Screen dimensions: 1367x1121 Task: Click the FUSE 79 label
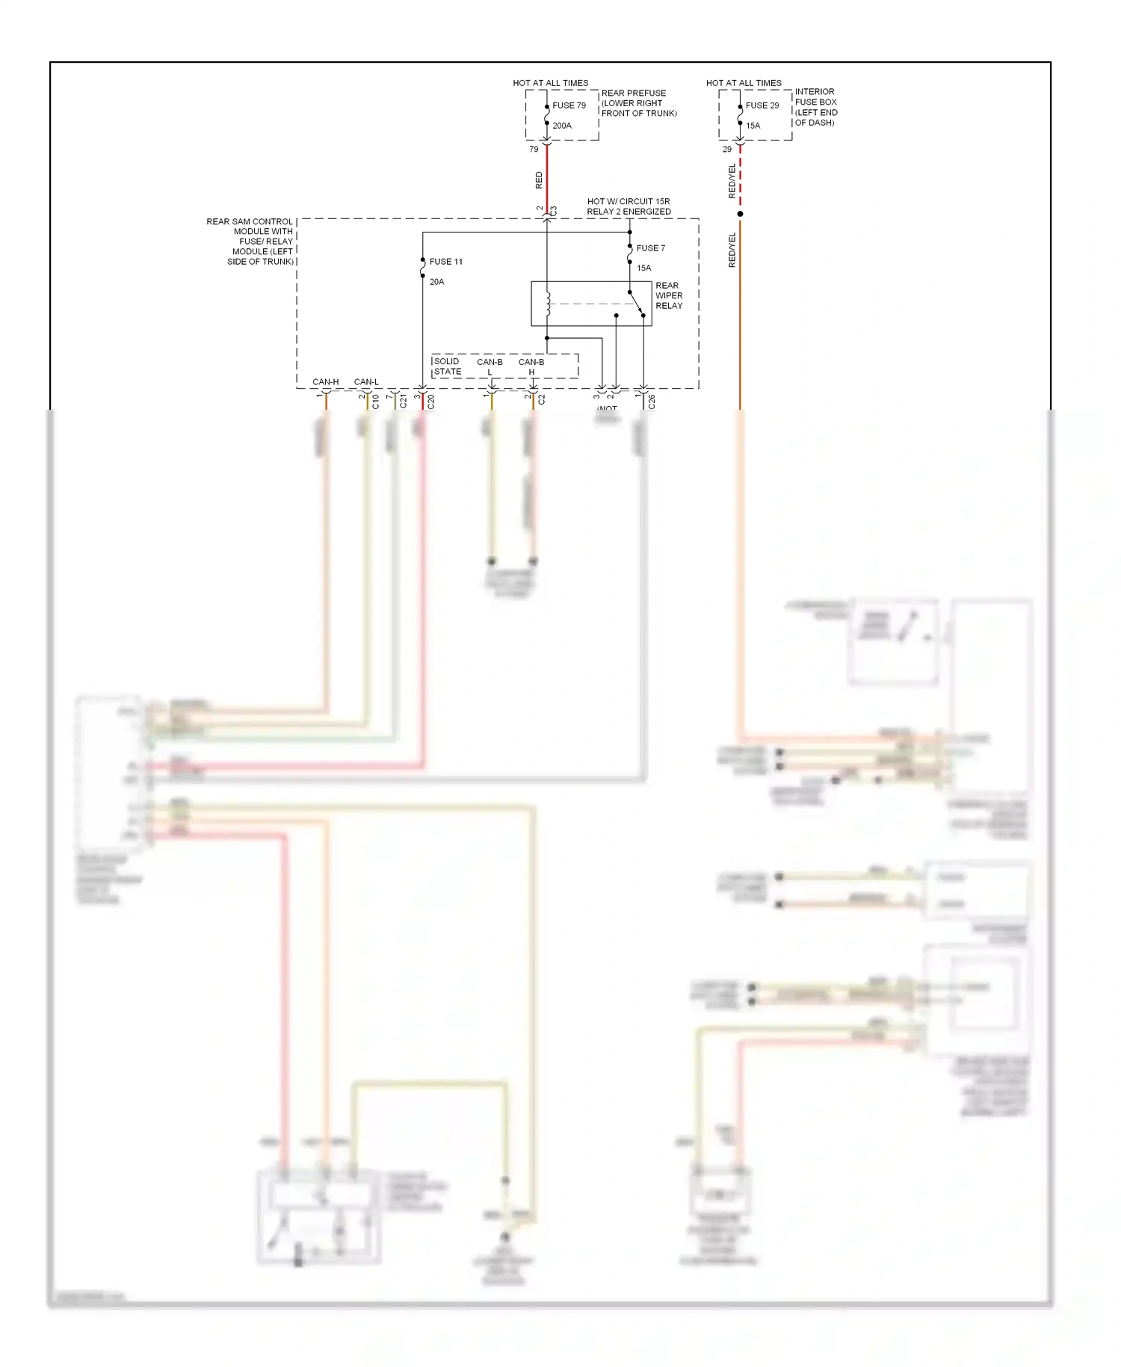pos(569,105)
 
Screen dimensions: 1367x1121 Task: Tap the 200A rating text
pos(562,126)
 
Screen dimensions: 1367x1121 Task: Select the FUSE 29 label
pos(762,105)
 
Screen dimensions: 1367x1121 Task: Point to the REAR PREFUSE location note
pos(638,103)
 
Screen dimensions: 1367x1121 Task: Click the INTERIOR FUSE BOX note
pos(815,107)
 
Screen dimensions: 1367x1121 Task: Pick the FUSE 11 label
pos(445,262)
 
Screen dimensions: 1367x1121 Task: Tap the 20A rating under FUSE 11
pos(436,282)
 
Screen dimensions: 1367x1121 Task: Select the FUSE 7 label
pos(650,248)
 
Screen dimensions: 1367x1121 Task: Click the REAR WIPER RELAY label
pos(668,295)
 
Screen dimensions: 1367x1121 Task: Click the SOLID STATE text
pos(447,366)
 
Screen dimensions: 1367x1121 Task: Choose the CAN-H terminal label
pos(325,382)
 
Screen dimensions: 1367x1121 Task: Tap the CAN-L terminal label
pos(366,382)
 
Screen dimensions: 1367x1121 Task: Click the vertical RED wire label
pos(539,180)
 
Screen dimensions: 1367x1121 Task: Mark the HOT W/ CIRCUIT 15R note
pos(628,206)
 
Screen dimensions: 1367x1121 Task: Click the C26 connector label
pos(652,402)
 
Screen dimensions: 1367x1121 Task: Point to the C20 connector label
pos(431,402)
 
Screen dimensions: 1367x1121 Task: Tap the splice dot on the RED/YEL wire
pos(740,214)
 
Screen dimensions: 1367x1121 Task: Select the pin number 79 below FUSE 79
pos(534,150)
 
